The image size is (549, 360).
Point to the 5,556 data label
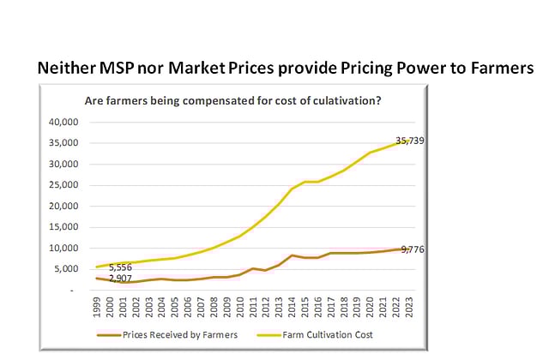tap(121, 268)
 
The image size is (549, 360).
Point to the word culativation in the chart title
tap(340, 101)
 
